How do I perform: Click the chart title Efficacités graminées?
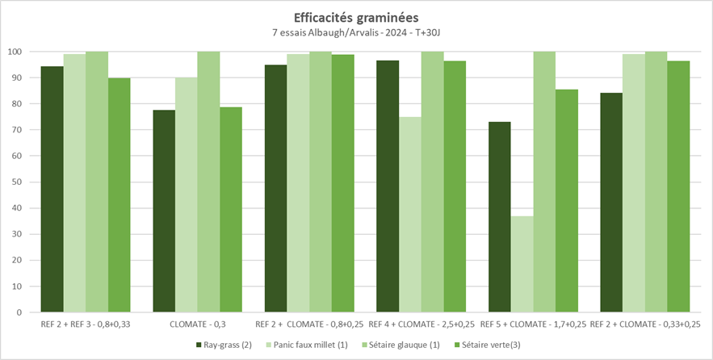[356, 16]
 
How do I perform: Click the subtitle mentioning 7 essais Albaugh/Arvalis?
[356, 32]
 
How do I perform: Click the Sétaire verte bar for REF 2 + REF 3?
[119, 195]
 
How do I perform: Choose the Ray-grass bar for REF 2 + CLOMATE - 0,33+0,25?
[611, 202]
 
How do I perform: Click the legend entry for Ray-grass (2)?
[222, 345]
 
